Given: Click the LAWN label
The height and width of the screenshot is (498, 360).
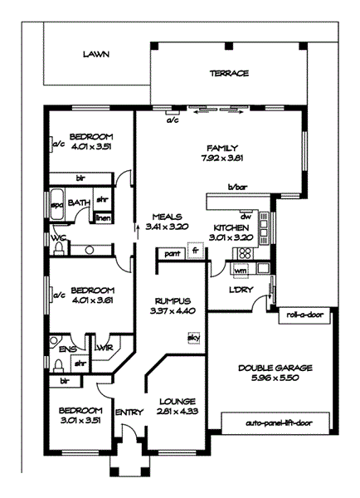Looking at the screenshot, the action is point(96,54).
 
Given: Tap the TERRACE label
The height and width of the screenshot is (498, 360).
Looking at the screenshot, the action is point(229,73).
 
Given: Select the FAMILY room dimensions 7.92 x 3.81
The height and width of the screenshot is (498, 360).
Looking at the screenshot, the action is point(222,158).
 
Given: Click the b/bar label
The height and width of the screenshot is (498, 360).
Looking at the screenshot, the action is point(237,187).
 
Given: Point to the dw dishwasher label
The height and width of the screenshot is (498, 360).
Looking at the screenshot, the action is point(246,217).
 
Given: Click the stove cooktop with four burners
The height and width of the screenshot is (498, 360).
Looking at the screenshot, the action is point(245,253).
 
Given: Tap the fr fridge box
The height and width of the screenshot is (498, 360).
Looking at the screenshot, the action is point(196,251).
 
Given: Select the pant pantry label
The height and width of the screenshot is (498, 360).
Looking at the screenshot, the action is point(173,254).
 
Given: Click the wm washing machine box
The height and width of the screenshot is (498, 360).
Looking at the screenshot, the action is point(241,271).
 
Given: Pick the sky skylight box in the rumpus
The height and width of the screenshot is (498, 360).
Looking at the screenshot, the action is point(194,337).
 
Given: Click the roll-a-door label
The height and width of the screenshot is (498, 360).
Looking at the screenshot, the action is point(304,315).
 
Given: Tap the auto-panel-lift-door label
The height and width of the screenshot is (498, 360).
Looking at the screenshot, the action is point(279,423).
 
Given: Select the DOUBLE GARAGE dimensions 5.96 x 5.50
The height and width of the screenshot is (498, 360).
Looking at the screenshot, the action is point(275,378).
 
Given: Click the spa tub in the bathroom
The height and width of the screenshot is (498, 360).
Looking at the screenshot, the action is point(57,204).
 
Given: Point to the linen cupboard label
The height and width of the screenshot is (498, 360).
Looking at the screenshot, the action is point(104,217).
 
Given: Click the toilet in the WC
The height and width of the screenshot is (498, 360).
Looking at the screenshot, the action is point(59,249).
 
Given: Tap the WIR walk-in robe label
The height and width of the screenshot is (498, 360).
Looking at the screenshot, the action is point(105,348).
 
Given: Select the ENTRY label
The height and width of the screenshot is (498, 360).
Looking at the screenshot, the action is point(129,413).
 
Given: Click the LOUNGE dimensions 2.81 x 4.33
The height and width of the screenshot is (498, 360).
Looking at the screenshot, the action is point(178,412).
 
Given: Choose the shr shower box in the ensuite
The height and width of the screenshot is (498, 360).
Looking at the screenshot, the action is point(80,364).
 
